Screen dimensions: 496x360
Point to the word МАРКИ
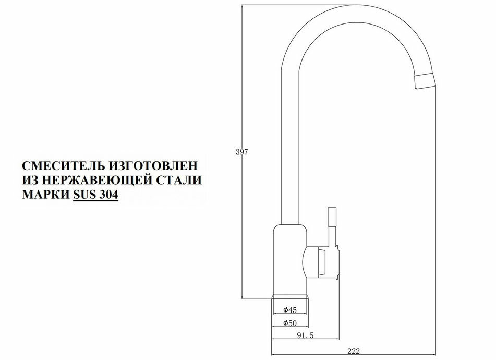[45, 195]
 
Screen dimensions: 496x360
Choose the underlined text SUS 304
[96, 195]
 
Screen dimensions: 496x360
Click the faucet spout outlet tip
[424, 80]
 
